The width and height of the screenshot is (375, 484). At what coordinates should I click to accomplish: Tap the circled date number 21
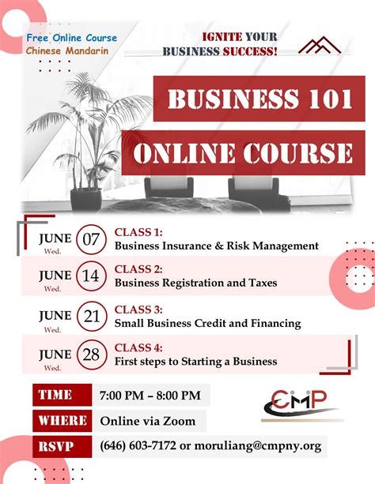(x=91, y=317)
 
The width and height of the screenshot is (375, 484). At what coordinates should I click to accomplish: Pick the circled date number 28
(x=91, y=354)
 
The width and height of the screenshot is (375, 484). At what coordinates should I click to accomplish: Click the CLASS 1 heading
(x=138, y=232)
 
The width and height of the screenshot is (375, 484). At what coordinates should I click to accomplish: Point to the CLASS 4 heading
(x=138, y=347)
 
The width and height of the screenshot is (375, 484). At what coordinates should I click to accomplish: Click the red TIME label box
(x=60, y=395)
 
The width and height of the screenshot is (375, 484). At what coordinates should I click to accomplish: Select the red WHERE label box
(x=60, y=420)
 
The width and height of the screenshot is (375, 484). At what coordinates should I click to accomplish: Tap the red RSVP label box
(x=60, y=446)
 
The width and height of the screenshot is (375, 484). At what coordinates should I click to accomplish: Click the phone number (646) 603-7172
(x=138, y=446)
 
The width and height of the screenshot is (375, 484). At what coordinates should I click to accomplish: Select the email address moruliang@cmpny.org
(x=257, y=446)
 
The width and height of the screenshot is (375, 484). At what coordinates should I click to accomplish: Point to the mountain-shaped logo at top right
(x=319, y=47)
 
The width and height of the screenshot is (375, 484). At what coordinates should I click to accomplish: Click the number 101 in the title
(x=320, y=100)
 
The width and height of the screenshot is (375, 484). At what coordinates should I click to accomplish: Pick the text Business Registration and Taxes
(x=195, y=282)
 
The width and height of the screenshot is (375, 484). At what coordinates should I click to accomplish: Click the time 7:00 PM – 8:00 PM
(x=150, y=395)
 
